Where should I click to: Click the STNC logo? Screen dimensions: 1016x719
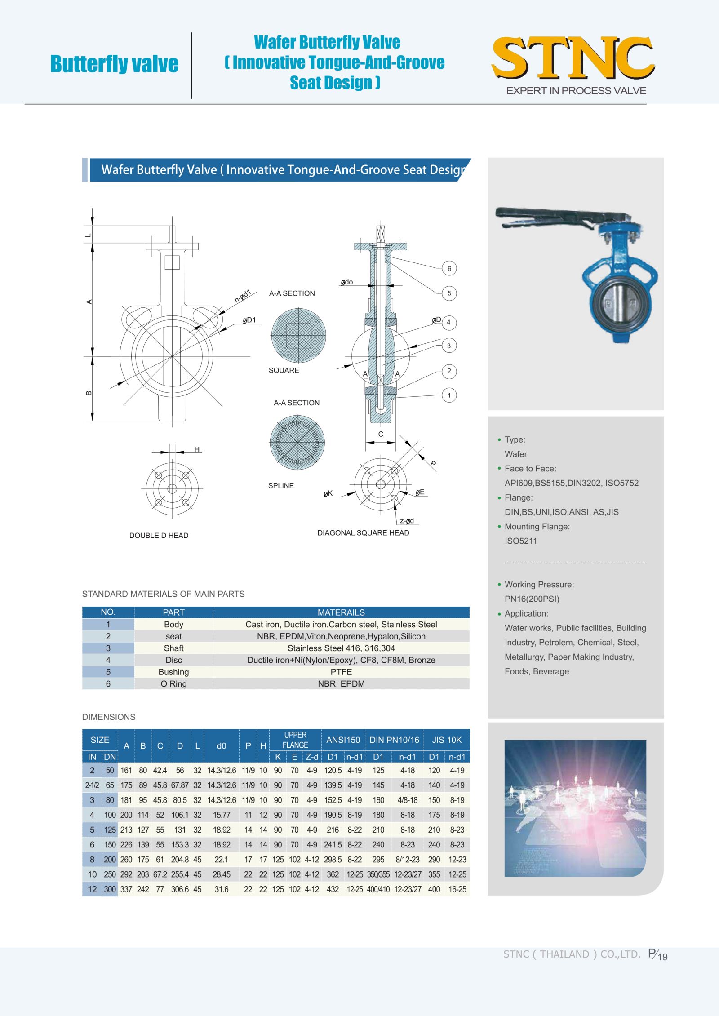point(573,58)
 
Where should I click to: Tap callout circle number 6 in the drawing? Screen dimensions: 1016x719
point(449,269)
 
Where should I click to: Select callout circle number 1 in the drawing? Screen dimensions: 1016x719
point(449,395)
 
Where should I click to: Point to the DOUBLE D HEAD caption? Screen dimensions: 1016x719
point(159,536)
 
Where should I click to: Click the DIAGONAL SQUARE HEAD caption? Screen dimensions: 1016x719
point(363,533)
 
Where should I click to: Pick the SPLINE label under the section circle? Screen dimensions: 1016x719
point(281,486)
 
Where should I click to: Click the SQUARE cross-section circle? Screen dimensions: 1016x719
point(298,335)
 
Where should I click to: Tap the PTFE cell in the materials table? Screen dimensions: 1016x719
point(341,672)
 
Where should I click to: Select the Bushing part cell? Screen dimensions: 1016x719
point(173,672)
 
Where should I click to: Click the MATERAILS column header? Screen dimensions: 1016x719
point(341,612)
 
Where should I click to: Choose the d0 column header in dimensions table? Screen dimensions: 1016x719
point(222,746)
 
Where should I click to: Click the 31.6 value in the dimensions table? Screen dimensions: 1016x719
point(222,889)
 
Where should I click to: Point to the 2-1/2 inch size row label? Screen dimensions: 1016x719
point(92,785)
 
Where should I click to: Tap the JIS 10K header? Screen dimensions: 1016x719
point(447,740)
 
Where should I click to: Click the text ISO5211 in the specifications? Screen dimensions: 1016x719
point(521,541)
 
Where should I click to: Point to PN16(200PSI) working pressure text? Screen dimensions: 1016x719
point(532,599)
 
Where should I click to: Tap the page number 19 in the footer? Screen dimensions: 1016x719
point(662,957)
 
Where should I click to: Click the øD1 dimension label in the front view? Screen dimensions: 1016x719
point(249,320)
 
